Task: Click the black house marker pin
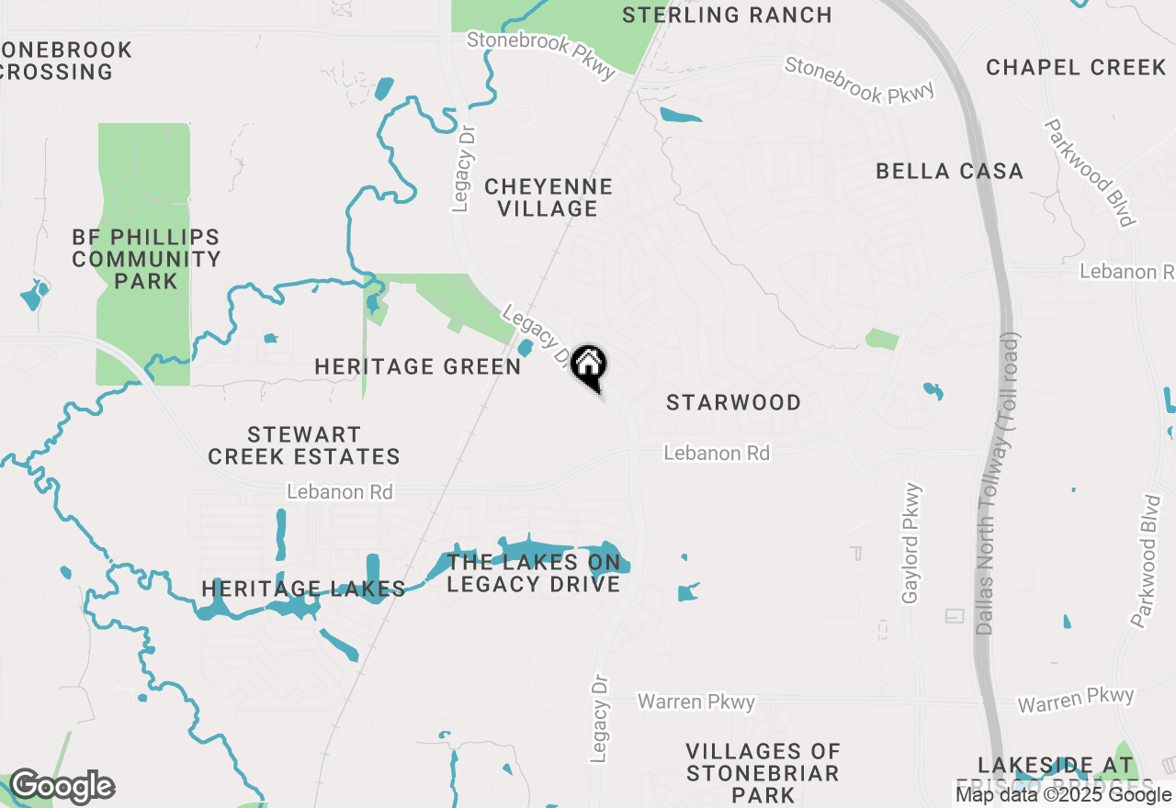tap(588, 365)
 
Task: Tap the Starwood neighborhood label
tap(733, 402)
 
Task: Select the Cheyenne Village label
tap(548, 197)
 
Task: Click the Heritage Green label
tap(418, 366)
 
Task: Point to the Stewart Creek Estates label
tap(304, 445)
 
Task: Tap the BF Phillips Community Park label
tap(146, 259)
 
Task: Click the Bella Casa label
tap(949, 171)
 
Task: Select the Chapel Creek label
tap(1076, 67)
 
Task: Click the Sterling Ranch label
tap(727, 15)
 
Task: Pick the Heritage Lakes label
tap(303, 589)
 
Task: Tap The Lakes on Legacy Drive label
tap(534, 572)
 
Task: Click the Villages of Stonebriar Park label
tap(763, 772)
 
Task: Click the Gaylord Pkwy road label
tap(911, 544)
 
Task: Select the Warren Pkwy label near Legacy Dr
tap(696, 702)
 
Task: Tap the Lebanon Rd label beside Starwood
tap(717, 454)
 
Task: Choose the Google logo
tap(62, 787)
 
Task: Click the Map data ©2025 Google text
tap(1062, 795)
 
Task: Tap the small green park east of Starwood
tap(882, 339)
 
